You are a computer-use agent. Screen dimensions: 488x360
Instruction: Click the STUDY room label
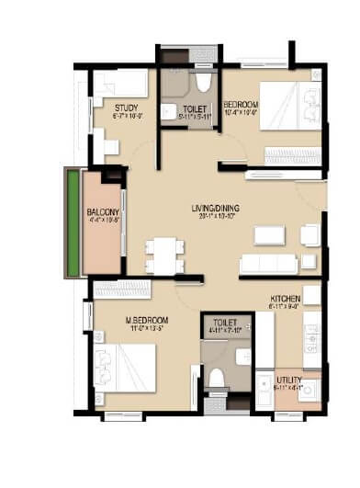click(x=127, y=108)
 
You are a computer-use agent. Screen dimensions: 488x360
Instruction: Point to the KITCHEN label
click(x=287, y=300)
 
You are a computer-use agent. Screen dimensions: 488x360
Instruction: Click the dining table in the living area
click(x=163, y=256)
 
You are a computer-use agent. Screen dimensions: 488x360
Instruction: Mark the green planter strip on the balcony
click(x=69, y=222)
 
